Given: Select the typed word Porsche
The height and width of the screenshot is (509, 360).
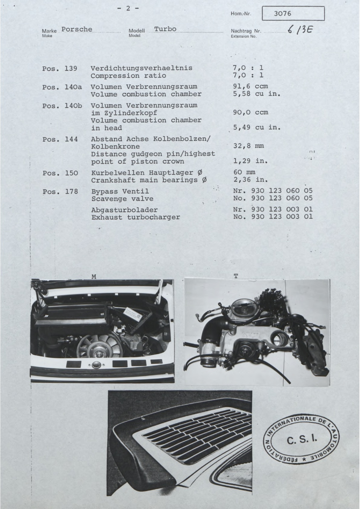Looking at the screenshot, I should click(77, 29).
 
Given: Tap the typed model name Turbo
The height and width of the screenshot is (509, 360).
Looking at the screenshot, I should click(165, 29).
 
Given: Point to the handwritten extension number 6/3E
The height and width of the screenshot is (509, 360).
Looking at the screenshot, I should click(300, 30).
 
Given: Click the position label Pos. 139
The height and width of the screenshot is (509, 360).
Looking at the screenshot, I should click(60, 68).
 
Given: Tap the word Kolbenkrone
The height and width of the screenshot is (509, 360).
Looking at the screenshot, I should click(115, 146).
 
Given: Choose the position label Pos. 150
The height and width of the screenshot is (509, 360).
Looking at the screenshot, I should click(60, 173).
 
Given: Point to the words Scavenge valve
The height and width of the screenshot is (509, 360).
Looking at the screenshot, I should click(122, 199).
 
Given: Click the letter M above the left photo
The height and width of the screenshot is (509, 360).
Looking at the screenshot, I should click(94, 276).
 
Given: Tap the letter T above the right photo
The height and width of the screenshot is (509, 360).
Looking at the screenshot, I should click(236, 276).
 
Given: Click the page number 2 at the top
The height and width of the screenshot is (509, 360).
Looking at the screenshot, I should click(128, 8).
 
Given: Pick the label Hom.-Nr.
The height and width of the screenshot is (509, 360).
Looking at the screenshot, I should click(241, 14).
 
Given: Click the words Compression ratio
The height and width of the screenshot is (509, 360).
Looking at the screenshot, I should click(128, 76).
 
